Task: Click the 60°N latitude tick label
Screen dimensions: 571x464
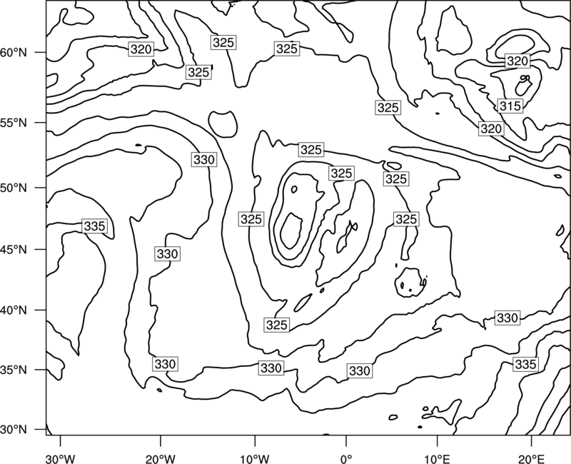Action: (x=14, y=53)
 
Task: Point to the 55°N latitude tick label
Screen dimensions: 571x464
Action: (x=14, y=123)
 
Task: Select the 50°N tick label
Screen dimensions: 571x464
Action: (x=14, y=188)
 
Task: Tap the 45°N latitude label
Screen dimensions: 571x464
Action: (x=14, y=249)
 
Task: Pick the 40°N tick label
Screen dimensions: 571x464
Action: (x=14, y=311)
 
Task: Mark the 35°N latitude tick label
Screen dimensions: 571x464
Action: (x=14, y=370)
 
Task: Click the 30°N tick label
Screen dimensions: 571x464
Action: (x=14, y=430)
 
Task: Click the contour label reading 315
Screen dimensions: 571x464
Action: (x=510, y=106)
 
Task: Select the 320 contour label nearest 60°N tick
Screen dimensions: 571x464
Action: (x=141, y=49)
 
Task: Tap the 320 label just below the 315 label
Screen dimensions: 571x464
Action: (x=491, y=128)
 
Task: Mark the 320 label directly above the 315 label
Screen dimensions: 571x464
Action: (x=517, y=61)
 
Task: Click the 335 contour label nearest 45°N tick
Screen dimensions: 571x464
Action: (x=94, y=226)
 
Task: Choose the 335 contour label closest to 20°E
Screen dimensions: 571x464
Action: (x=525, y=364)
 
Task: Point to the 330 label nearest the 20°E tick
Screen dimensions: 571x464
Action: (x=507, y=318)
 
